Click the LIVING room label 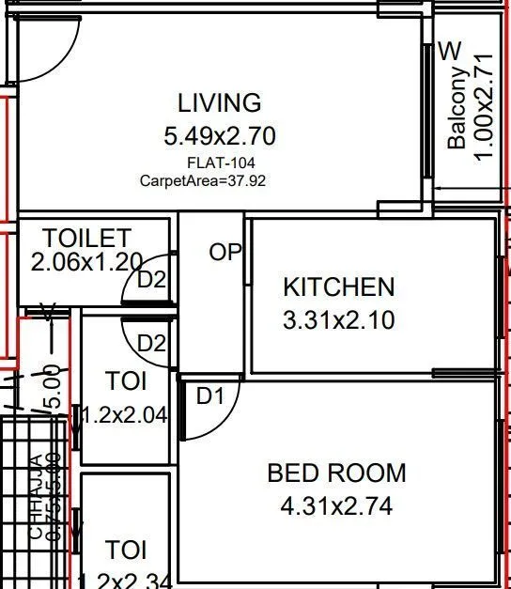pos(220,102)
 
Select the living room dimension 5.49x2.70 pos(220,136)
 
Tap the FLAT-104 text pos(221,163)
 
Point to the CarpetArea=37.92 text pos(203,180)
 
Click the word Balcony pos(457,108)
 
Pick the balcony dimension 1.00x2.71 pos(484,106)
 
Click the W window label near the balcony pos(452,50)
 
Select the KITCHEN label pos(339,287)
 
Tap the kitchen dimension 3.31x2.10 pos(339,320)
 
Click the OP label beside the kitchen pos(225,253)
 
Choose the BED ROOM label pos(337,473)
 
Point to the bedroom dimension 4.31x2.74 pos(337,507)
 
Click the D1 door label pos(210,396)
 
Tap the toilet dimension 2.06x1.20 pos(85,262)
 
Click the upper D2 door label pos(151,279)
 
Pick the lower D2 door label pos(151,343)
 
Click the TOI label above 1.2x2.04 pos(126,381)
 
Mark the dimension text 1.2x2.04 pos(125,415)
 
